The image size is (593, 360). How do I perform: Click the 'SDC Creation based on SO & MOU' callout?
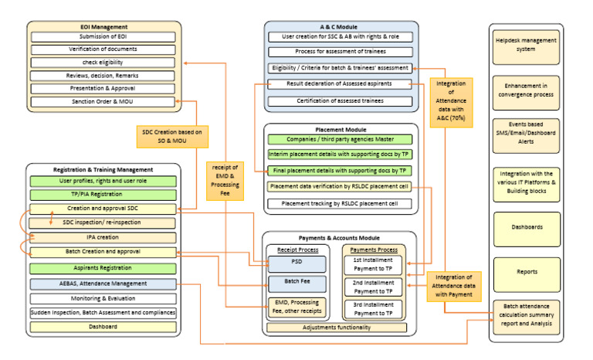click(x=171, y=137)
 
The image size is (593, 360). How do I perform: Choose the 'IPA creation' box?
click(x=103, y=237)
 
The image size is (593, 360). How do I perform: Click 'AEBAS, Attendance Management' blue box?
click(x=103, y=284)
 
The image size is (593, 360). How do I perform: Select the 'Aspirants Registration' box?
click(x=103, y=267)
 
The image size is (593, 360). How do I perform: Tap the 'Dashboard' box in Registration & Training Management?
click(x=103, y=327)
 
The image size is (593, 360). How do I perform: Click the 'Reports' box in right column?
click(x=527, y=271)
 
